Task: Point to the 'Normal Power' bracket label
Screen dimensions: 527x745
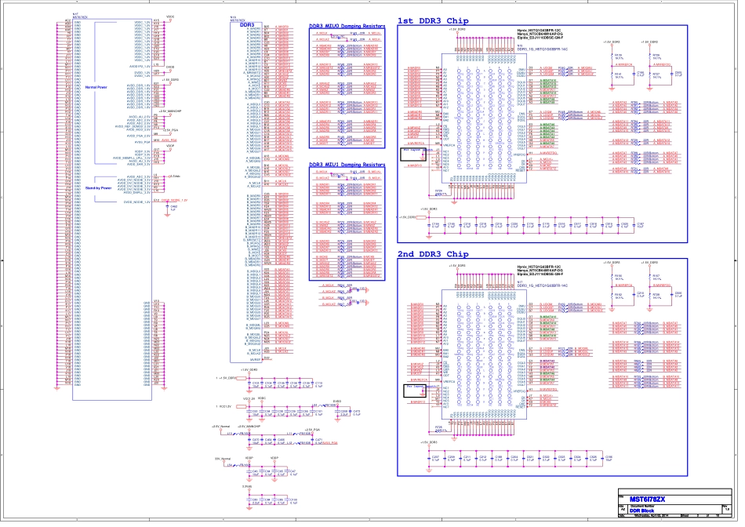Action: (96, 87)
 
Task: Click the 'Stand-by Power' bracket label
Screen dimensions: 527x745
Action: (98, 188)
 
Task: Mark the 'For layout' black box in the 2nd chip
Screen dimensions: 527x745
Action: (413, 391)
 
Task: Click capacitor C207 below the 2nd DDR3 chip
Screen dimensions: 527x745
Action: (435, 458)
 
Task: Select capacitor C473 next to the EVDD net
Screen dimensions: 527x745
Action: (355, 412)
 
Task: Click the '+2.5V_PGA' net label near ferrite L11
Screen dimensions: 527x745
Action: (311, 430)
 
